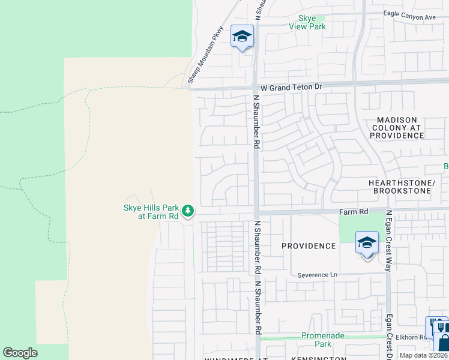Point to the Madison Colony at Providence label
point(397,128)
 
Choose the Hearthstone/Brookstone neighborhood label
point(402,186)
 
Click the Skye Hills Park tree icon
point(188,211)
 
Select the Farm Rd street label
point(354,212)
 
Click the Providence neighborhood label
point(309,246)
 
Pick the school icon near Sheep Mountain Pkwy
point(243,37)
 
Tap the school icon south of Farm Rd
point(367,244)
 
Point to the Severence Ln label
point(318,275)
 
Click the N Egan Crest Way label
point(389,240)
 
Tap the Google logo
point(20,353)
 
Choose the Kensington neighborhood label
point(319,358)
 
